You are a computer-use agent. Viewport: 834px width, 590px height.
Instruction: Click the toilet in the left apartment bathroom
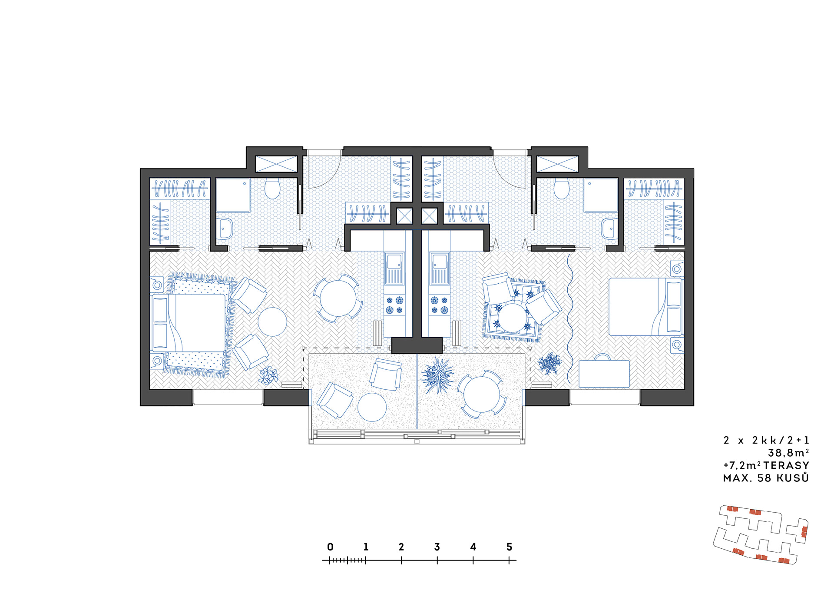[272, 189]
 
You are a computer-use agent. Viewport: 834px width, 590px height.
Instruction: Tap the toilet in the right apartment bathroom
[561, 189]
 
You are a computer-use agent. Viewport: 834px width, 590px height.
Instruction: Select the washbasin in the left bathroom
[225, 229]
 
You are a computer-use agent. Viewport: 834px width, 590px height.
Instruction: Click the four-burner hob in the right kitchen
[439, 305]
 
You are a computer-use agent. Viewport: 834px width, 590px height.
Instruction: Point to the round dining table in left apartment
[338, 298]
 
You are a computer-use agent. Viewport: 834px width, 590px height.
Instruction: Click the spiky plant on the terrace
[437, 375]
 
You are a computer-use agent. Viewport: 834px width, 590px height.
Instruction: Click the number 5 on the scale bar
[509, 547]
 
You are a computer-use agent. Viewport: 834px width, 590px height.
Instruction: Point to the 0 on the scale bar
[330, 547]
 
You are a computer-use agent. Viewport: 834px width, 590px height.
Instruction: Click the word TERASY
[786, 465]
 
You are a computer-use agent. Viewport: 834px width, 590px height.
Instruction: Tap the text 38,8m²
[788, 453]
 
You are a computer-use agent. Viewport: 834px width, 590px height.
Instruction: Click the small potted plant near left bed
[268, 376]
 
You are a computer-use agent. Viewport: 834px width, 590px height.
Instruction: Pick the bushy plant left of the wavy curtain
[549, 364]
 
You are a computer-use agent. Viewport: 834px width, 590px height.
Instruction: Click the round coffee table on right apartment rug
[513, 318]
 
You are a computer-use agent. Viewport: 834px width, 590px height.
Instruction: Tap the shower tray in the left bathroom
[233, 195]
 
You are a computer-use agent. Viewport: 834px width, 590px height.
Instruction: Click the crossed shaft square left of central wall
[404, 216]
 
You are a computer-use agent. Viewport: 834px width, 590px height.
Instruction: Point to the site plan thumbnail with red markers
[761, 534]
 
